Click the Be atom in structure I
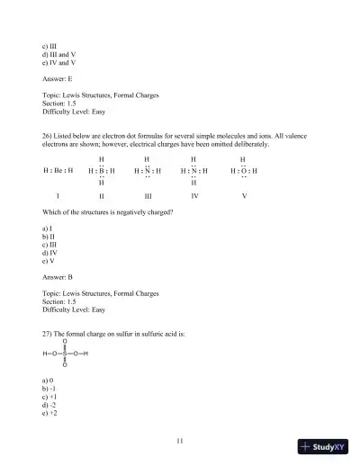58,170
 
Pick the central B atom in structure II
101,170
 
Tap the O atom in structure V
243,170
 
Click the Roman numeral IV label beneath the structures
195,194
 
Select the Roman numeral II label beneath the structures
102,195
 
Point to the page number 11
180,440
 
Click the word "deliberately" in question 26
243,144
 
